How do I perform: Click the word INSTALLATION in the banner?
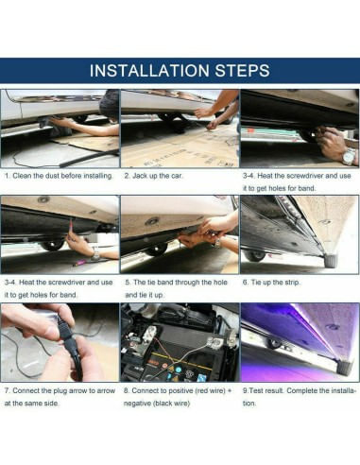(x=150, y=70)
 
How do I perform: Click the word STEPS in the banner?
(x=243, y=70)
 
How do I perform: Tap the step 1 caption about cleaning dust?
(x=59, y=176)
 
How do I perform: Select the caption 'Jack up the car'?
(x=153, y=176)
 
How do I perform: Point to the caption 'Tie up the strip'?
(x=271, y=283)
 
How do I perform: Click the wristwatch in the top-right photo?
(x=349, y=157)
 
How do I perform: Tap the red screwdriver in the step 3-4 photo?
(x=71, y=228)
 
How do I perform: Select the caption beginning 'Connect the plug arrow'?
(x=60, y=397)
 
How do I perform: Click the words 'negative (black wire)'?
(x=157, y=404)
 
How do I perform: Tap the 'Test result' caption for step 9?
(x=300, y=397)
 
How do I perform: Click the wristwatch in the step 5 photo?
(x=217, y=243)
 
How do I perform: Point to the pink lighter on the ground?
(x=80, y=262)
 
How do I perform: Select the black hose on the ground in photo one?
(x=88, y=159)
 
